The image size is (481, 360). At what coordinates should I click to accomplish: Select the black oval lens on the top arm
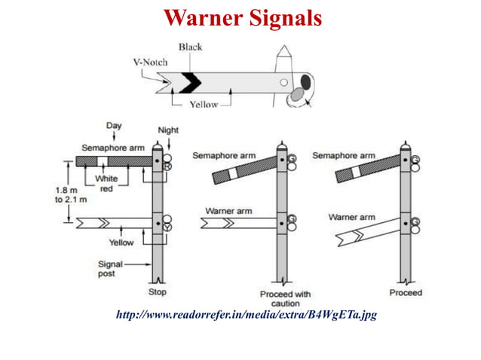(305, 81)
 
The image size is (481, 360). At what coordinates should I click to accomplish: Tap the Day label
(114, 125)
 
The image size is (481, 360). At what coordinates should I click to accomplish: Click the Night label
(168, 130)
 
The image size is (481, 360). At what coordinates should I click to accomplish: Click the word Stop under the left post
(158, 292)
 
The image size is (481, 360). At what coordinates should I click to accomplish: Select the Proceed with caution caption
(284, 298)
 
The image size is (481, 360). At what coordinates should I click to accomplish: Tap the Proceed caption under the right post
(406, 292)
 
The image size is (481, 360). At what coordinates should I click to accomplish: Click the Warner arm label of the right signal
(351, 217)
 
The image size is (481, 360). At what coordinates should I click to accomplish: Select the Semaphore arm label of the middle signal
(224, 156)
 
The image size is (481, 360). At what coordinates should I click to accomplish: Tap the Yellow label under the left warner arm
(121, 243)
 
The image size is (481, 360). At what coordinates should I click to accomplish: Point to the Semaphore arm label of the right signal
(343, 156)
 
